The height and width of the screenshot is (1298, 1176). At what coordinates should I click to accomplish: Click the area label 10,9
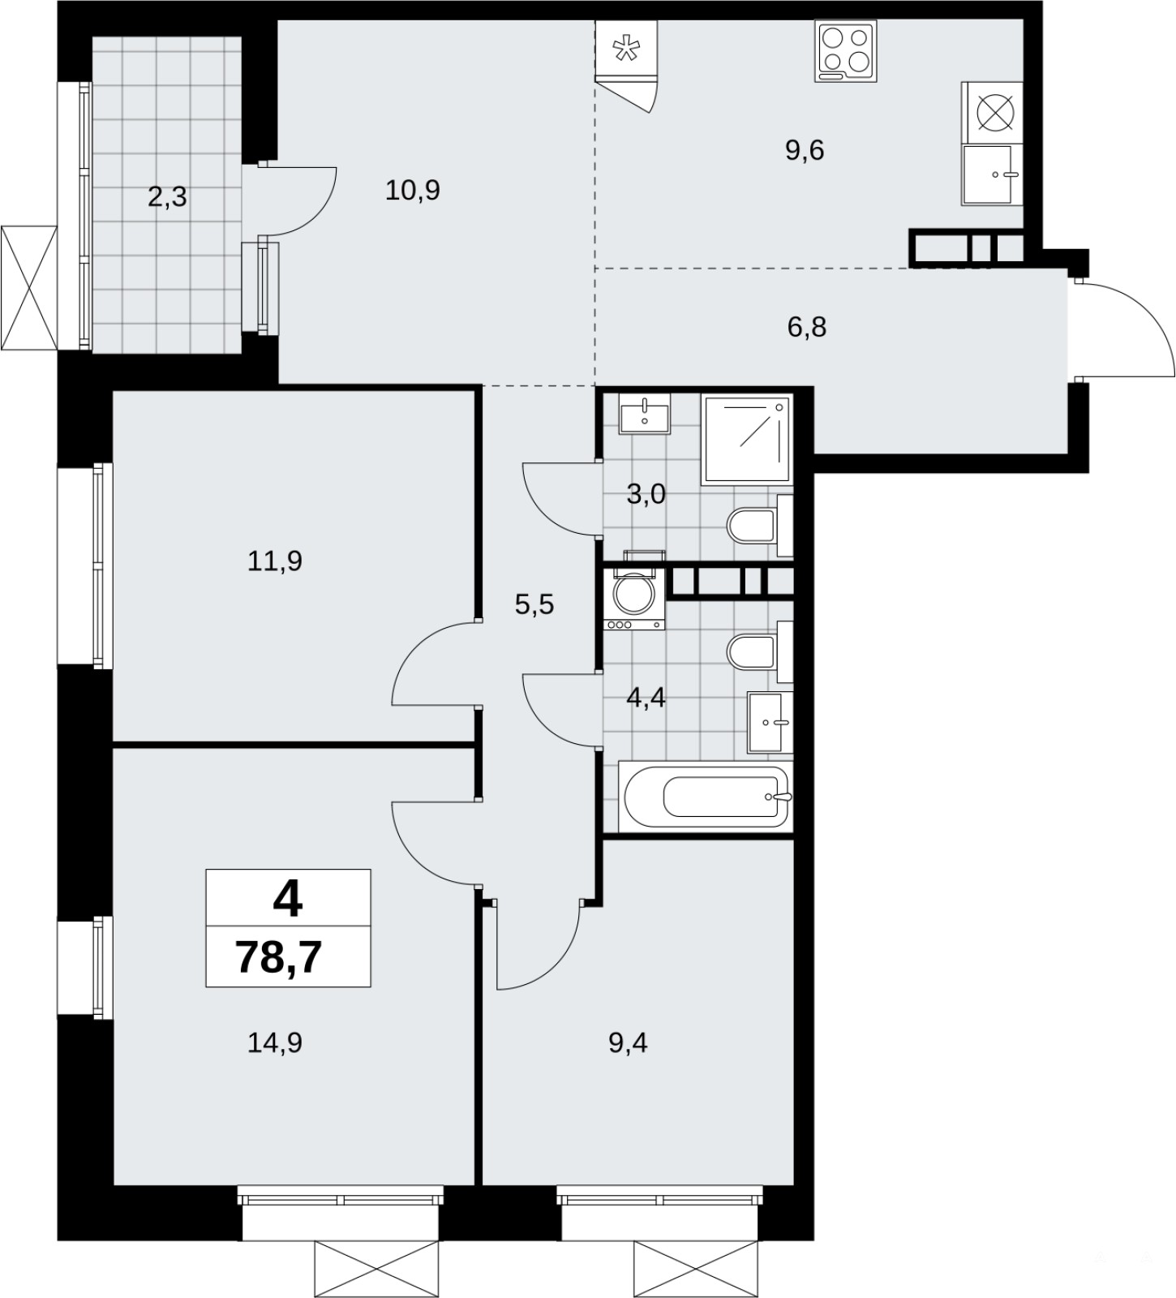tap(413, 191)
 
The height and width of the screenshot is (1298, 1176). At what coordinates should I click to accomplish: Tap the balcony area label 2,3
tap(168, 196)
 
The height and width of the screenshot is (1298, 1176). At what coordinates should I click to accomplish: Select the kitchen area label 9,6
tap(805, 150)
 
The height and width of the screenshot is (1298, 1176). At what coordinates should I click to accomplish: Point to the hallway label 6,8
tap(807, 327)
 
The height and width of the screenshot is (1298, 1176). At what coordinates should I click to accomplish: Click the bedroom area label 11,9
tap(275, 561)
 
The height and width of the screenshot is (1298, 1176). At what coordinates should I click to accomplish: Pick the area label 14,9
tap(275, 1042)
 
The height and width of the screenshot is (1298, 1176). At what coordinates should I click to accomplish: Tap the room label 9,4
tap(629, 1042)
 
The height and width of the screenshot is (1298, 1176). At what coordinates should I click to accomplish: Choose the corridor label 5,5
tap(534, 604)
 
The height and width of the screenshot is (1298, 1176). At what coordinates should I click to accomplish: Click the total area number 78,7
tap(279, 957)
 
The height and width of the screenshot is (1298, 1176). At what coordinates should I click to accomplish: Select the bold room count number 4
tap(289, 899)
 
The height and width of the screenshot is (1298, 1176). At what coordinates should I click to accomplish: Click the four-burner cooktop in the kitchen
tap(846, 51)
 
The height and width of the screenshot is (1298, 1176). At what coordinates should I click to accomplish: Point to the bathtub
tap(705, 797)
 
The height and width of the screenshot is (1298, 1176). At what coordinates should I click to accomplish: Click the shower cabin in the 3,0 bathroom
tap(746, 440)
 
